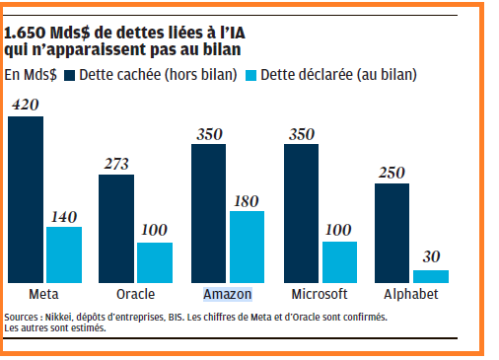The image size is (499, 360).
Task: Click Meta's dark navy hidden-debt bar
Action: pyautogui.click(x=26, y=199)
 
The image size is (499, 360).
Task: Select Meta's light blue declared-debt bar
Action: pyautogui.click(x=64, y=254)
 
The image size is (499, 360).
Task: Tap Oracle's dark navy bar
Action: pyautogui.click(x=116, y=229)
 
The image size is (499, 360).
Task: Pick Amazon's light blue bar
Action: pyautogui.click(x=247, y=247)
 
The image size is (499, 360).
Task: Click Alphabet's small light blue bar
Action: pyautogui.click(x=431, y=276)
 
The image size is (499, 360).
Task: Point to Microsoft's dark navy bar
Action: pyautogui.click(x=301, y=213)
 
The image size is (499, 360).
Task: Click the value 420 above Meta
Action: pyautogui.click(x=26, y=105)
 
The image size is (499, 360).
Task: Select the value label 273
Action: pyautogui.click(x=116, y=164)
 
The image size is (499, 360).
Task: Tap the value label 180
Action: pyautogui.click(x=247, y=201)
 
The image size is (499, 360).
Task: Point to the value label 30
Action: pyautogui.click(x=431, y=256)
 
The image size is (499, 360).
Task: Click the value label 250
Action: pyautogui.click(x=392, y=173)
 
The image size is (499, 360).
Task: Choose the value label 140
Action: pyautogui.click(x=64, y=217)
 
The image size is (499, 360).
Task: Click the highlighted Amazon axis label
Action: pyautogui.click(x=228, y=294)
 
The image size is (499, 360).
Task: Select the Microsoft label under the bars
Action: pyautogui.click(x=320, y=294)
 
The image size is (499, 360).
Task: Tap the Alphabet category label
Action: pyautogui.click(x=411, y=294)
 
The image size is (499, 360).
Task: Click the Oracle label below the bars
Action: pyautogui.click(x=135, y=294)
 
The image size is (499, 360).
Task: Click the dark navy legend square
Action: pyautogui.click(x=69, y=75)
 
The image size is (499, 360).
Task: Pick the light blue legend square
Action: pyautogui.click(x=250, y=75)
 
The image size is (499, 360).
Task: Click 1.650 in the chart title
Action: pyautogui.click(x=25, y=33)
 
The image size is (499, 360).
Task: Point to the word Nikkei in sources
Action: pyautogui.click(x=58, y=318)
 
